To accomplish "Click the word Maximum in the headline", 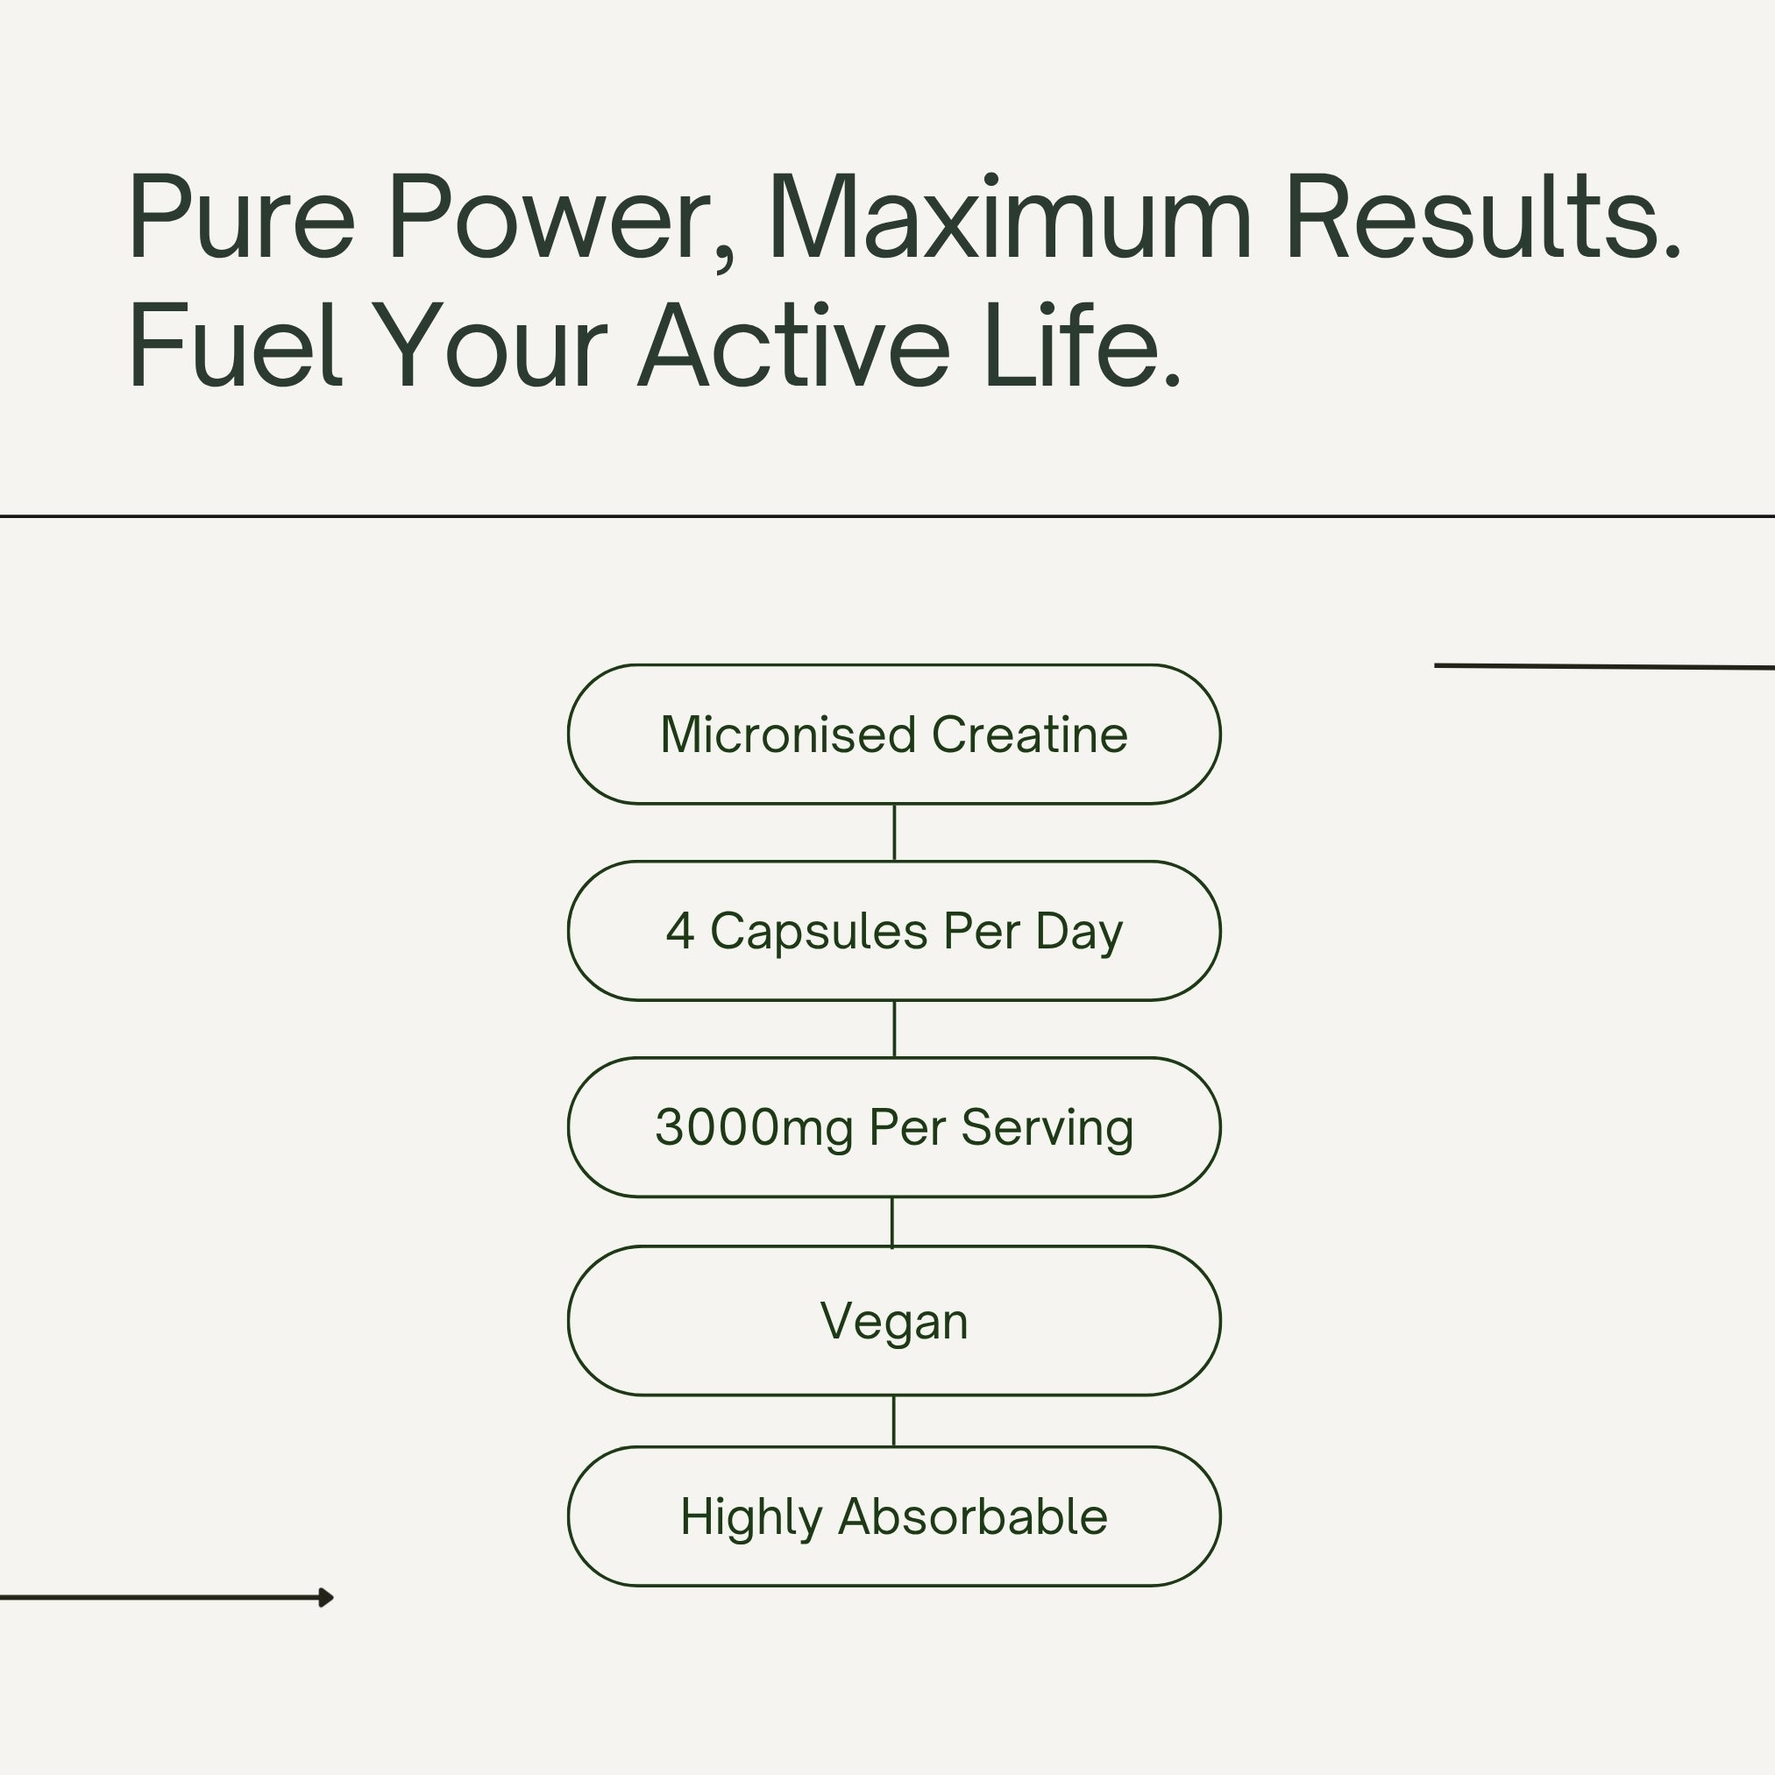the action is tap(1011, 217).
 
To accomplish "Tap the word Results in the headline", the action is tap(1482, 217).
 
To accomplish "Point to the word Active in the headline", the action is tap(794, 345).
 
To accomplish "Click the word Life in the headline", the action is tap(1082, 345).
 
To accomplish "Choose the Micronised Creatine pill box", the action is tap(894, 734).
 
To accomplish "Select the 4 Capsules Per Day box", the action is tap(894, 931).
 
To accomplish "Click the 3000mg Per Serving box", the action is tap(894, 1127).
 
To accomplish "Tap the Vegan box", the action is tap(894, 1320).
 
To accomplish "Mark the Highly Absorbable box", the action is tap(894, 1516).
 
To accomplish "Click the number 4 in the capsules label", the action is tap(680, 931).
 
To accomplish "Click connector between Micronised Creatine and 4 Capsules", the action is tap(894, 833).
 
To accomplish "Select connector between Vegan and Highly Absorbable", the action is tap(894, 1421).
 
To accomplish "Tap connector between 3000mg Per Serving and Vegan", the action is tap(892, 1222).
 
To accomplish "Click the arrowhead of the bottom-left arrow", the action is tap(326, 1598).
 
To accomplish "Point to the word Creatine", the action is tap(1029, 735).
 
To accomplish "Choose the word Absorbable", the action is tap(973, 1516).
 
